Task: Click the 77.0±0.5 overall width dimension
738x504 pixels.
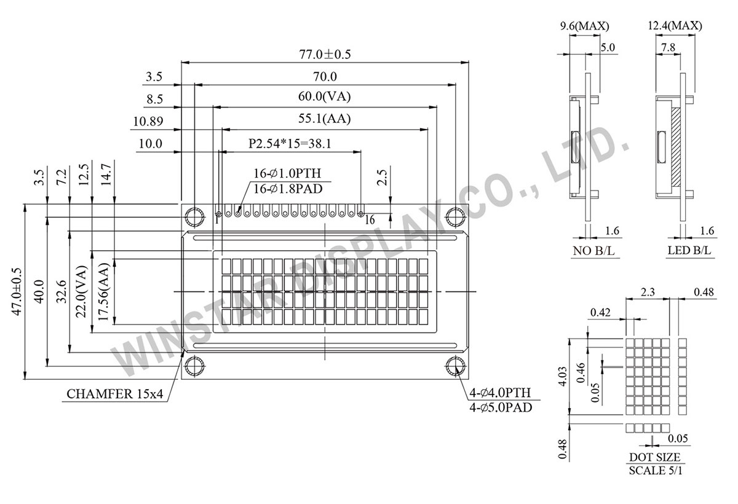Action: [325, 54]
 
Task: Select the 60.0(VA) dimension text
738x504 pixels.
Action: [325, 96]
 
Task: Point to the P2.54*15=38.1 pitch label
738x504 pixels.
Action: [290, 143]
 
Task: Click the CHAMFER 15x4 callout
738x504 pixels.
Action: [114, 394]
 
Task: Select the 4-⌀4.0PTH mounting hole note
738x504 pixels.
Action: [501, 393]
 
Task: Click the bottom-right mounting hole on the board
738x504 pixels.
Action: [455, 366]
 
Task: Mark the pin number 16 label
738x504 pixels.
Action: [369, 220]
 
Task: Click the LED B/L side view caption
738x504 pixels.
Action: [690, 251]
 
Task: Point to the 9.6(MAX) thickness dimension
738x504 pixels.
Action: [584, 26]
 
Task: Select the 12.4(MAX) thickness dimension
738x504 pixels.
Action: [675, 26]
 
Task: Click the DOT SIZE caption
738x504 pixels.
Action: [654, 457]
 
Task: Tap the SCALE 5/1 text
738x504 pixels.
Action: [655, 471]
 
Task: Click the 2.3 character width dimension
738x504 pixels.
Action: [648, 293]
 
